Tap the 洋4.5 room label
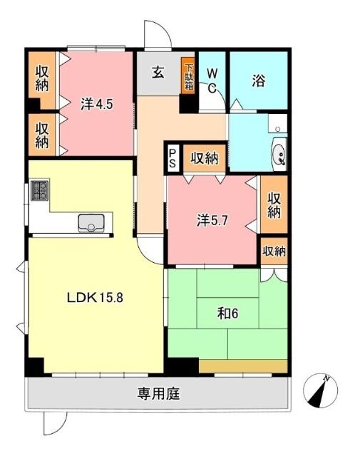tap(97, 103)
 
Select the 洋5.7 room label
tap(212, 220)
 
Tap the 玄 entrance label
tap(158, 71)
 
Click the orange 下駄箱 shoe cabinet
tap(188, 75)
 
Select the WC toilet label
tap(212, 80)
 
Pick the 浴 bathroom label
tap(258, 80)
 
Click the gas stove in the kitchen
tap(38, 191)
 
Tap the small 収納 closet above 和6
tap(274, 252)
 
